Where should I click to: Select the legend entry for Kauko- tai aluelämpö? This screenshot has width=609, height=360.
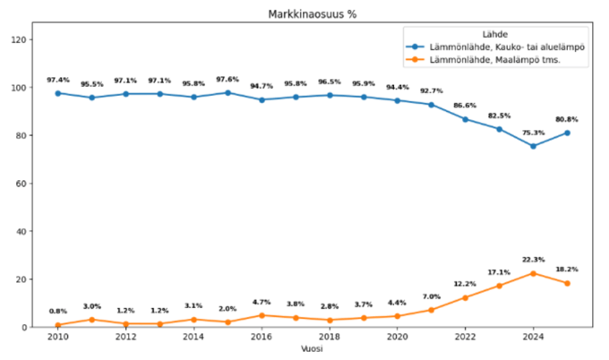coord(502,47)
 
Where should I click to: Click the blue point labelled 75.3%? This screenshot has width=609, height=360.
coord(534,146)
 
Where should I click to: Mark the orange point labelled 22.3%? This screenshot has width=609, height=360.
coord(534,273)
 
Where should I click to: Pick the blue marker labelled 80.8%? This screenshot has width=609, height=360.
coord(567,133)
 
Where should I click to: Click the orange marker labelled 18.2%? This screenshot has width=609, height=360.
coord(567,283)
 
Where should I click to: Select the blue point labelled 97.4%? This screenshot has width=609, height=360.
coord(58,93)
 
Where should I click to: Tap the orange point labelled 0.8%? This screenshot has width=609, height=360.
coord(58,325)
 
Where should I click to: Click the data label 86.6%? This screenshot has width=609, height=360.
coord(466,106)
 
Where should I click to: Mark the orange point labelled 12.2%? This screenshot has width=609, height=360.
coord(466,297)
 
